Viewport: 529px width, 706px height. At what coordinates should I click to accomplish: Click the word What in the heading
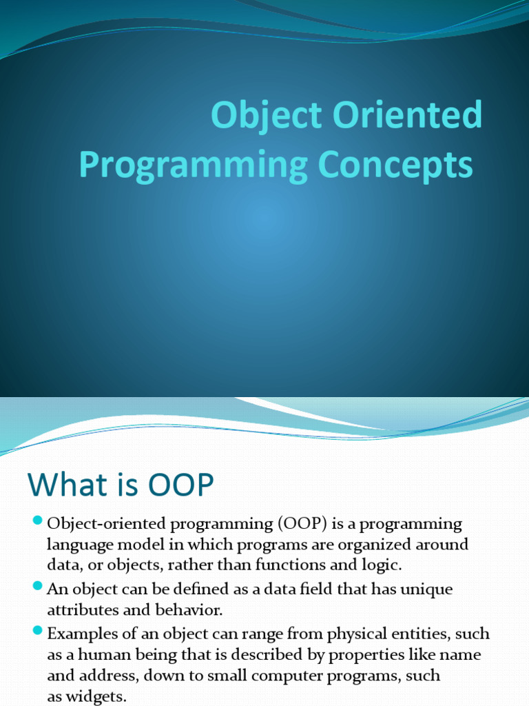pyautogui.click(x=66, y=485)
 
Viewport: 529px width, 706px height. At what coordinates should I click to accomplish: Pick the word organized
pyautogui.click(x=377, y=545)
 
